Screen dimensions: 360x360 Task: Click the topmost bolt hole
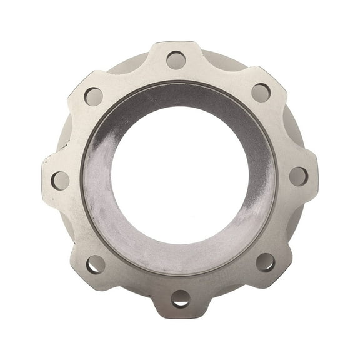176,61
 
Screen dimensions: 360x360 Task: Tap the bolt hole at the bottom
181,298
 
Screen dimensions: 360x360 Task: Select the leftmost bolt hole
61,181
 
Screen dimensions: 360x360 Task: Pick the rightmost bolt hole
299,176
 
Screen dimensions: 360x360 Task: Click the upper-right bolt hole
261,92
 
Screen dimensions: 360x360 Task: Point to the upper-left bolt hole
93,96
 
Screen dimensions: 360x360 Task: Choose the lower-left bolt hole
96,264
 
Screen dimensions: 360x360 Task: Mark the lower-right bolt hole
265,262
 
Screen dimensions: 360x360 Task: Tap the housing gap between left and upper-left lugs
62,134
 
